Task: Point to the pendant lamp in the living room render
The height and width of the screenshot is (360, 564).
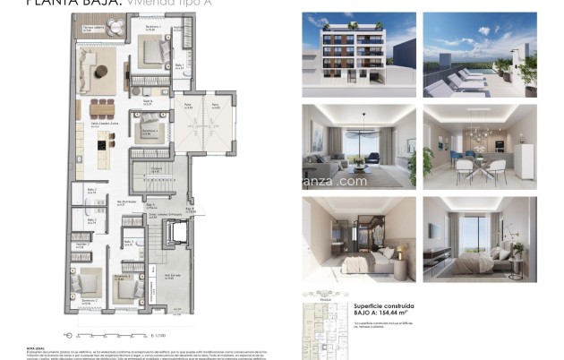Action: coord(364,129)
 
